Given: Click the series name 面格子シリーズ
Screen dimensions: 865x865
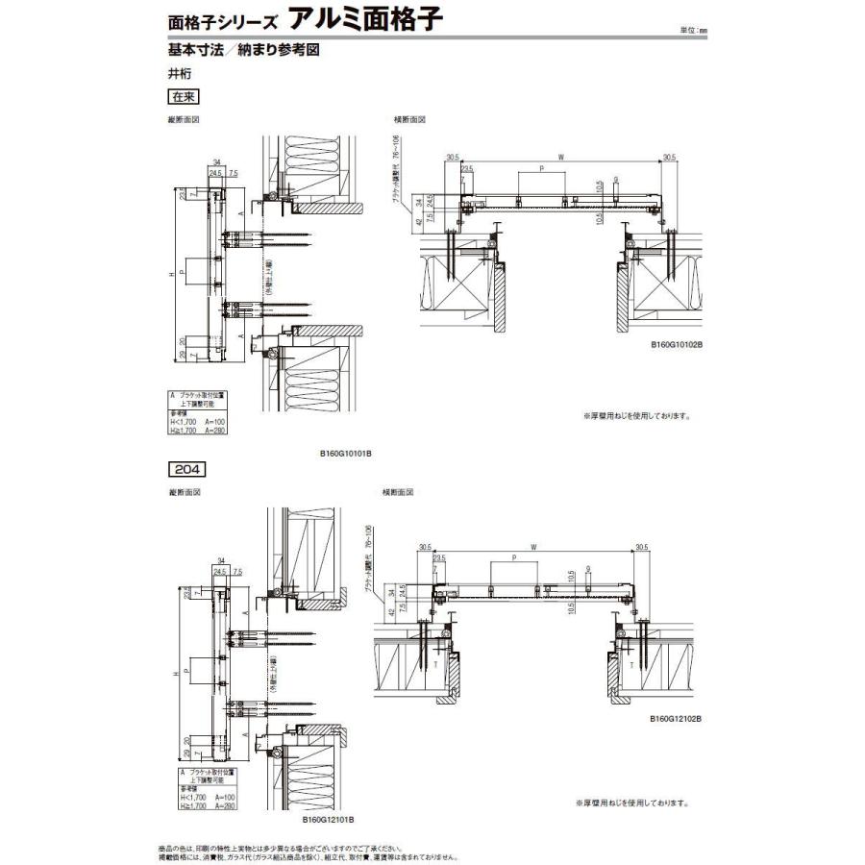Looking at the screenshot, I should coord(219,21).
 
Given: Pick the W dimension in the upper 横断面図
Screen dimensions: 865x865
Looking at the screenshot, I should coord(559,158).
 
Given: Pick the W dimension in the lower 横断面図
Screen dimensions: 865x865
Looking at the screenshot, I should coord(533,546).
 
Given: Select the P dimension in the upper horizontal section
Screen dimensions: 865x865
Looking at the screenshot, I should coord(542,169).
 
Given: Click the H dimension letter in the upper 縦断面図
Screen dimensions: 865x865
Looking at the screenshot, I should coord(170,274).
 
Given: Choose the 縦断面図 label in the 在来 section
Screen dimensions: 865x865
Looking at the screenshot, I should coord(185,120).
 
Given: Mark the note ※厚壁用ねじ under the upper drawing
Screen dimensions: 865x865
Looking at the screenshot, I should coord(635,416).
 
